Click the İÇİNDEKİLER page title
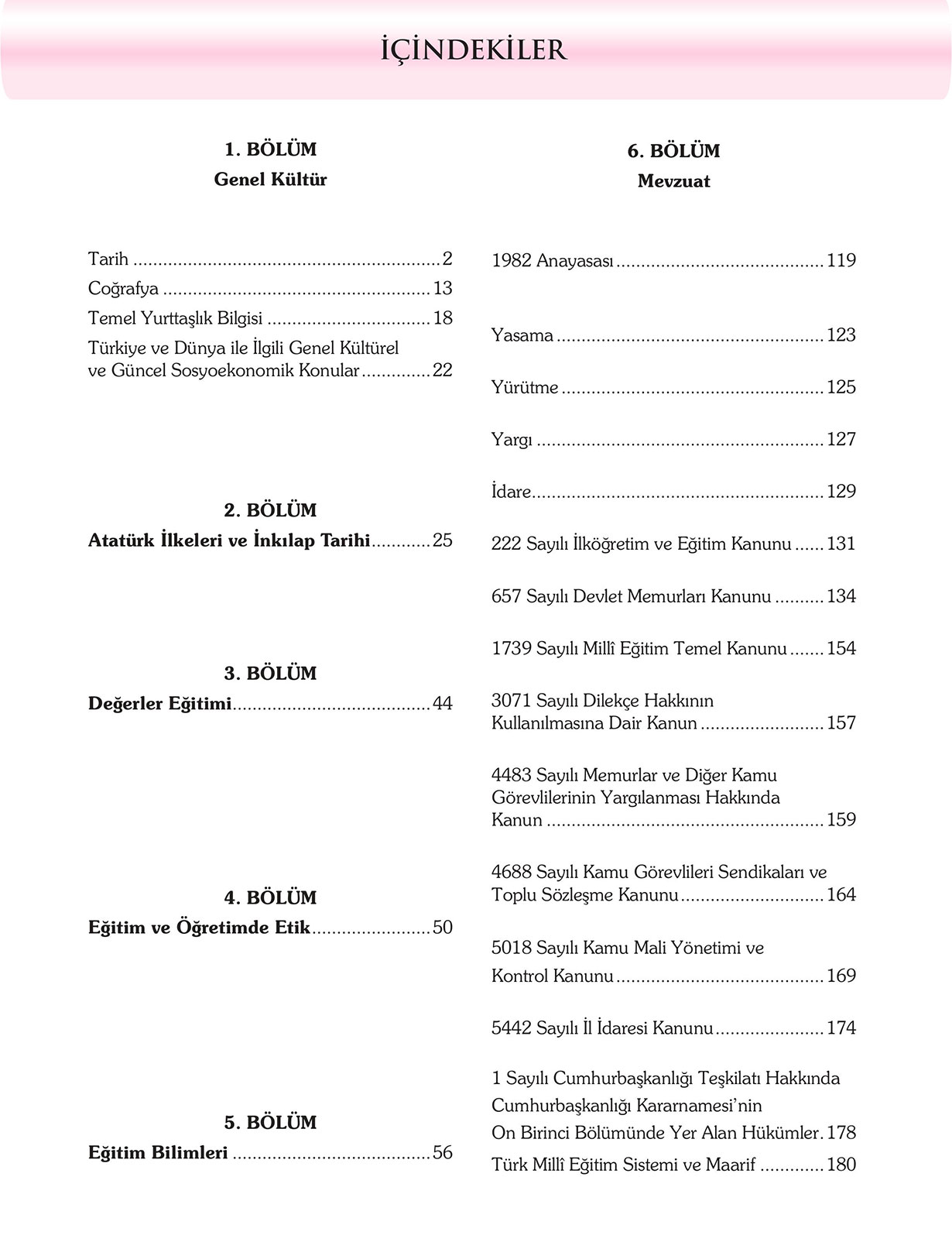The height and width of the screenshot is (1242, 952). click(474, 50)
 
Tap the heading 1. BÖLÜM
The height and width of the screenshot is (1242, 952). click(270, 149)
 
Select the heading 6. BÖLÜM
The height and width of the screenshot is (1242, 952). click(673, 151)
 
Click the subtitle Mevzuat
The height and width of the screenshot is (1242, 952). click(673, 181)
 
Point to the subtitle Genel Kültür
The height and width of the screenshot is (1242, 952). click(270, 180)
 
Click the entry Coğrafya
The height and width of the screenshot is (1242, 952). click(123, 289)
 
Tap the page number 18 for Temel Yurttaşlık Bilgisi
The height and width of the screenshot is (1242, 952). click(443, 318)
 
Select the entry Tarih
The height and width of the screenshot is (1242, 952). click(108, 259)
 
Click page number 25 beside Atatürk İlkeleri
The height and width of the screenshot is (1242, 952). click(443, 540)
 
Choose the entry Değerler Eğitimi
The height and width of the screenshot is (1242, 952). click(160, 704)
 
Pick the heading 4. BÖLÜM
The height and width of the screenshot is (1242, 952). click(270, 897)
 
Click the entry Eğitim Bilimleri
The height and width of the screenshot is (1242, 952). click(158, 1153)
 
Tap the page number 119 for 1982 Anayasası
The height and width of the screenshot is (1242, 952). click(841, 261)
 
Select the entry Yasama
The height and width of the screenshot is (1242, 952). click(522, 335)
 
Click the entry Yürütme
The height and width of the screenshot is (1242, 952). click(525, 387)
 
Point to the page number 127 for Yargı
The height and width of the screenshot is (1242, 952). click(841, 440)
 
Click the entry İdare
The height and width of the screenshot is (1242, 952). click(511, 492)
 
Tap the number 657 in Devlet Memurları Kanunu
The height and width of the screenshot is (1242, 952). click(506, 596)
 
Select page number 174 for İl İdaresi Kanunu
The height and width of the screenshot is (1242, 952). click(841, 1028)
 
